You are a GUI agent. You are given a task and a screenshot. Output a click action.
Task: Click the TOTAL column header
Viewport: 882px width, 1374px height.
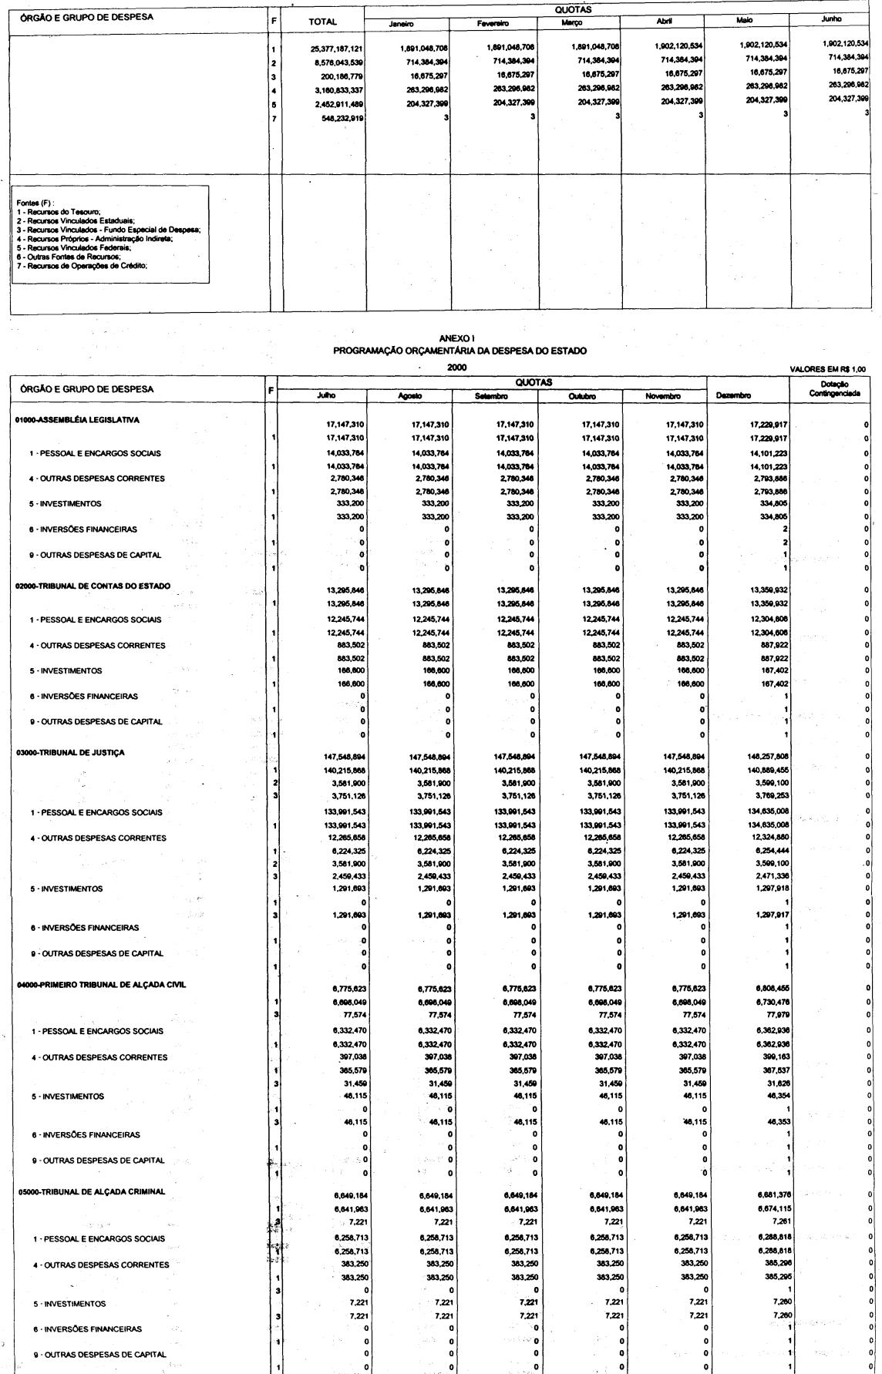tap(322, 22)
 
